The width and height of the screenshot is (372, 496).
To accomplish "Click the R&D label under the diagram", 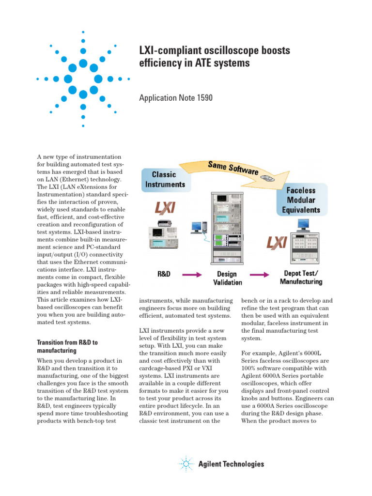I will (164, 274).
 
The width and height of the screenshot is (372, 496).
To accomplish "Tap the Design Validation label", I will (227, 278).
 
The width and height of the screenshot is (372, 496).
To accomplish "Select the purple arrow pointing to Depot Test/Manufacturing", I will (259, 275).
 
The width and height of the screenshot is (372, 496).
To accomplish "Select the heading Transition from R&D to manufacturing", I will (67, 346).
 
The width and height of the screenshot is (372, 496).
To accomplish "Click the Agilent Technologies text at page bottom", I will (232, 464).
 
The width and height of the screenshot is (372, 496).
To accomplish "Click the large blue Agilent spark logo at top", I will (83, 78).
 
